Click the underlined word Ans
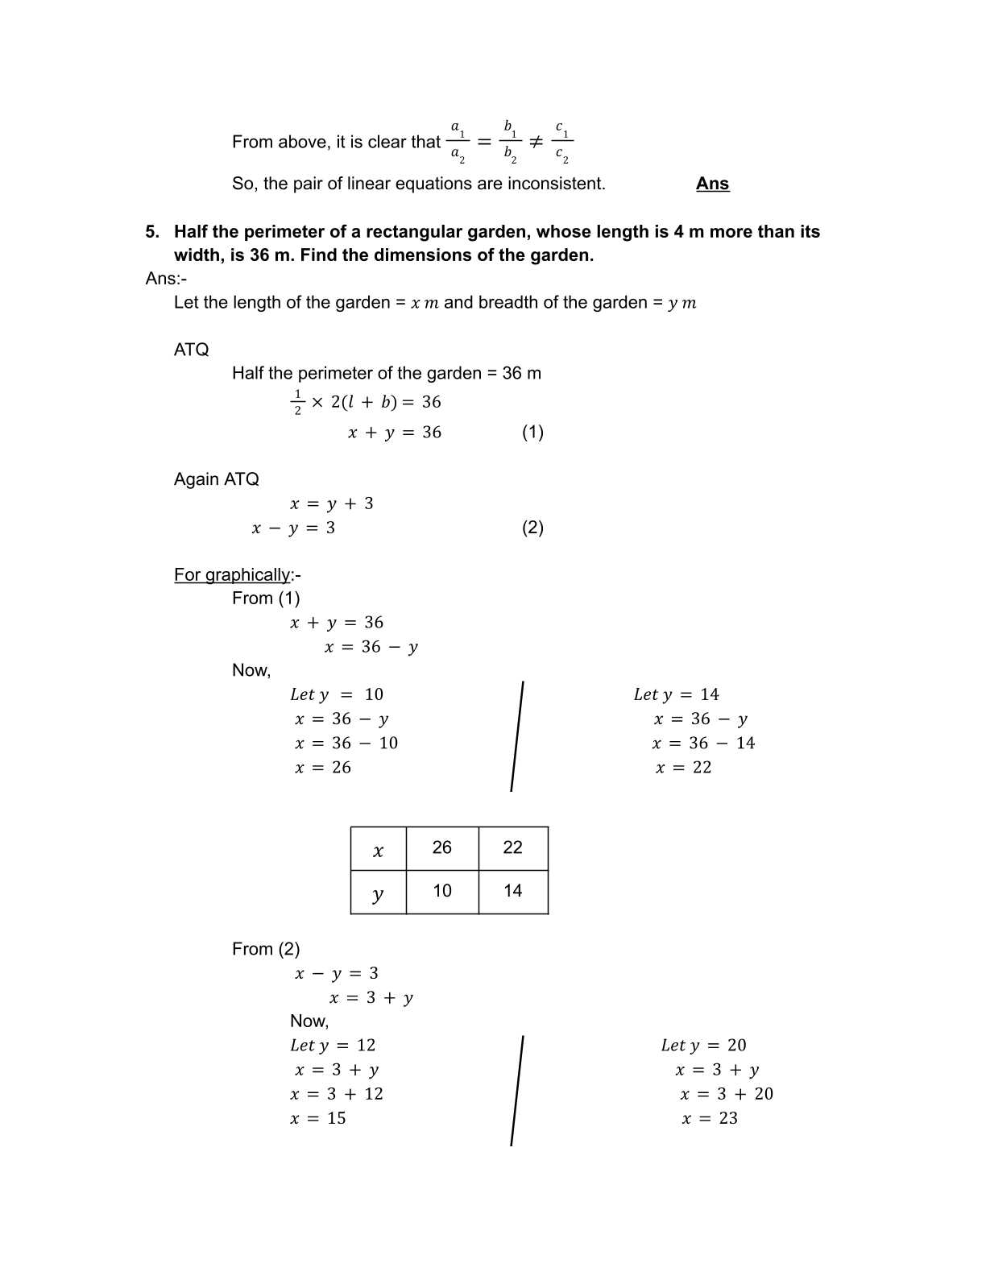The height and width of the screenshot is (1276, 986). (712, 184)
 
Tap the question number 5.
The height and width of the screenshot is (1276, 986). (152, 232)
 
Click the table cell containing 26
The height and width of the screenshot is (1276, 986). (442, 847)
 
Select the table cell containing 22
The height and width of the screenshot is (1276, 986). (513, 847)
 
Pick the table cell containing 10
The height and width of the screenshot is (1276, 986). (442, 891)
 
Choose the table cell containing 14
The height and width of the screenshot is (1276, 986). (513, 891)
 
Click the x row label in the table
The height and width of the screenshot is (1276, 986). (378, 850)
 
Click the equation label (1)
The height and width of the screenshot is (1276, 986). (532, 433)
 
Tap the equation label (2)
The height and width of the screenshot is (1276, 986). (532, 528)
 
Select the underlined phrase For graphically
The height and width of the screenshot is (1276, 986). (232, 575)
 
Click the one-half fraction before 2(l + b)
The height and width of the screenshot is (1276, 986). (297, 402)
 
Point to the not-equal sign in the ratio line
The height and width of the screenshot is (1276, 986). (536, 142)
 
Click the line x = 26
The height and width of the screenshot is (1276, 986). (323, 768)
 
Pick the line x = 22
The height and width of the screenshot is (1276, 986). (683, 768)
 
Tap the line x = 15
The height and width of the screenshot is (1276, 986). (318, 1118)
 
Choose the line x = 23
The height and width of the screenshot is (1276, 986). (710, 1118)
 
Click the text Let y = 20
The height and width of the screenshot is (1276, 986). (703, 1046)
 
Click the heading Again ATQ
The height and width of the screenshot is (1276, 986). (217, 479)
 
